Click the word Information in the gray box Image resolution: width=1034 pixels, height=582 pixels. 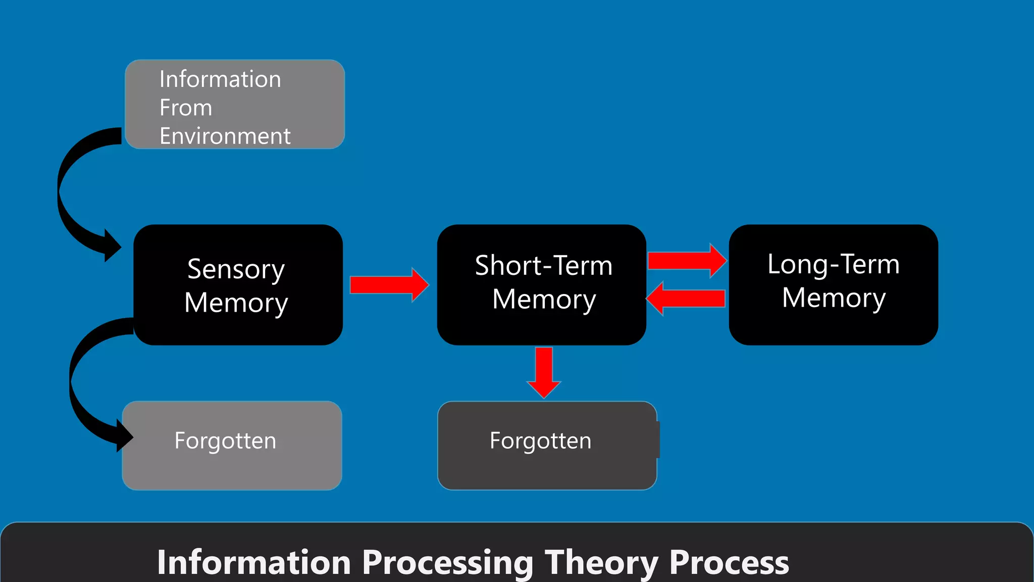click(220, 79)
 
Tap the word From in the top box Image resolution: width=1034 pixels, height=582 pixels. click(186, 108)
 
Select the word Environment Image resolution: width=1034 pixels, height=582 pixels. click(225, 136)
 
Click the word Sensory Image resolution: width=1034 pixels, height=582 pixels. click(236, 269)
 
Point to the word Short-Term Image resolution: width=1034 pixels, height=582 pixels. click(543, 265)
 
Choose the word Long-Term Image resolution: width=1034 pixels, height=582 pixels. click(833, 264)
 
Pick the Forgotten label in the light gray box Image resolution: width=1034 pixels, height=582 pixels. click(225, 441)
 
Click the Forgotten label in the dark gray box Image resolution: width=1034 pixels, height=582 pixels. click(540, 441)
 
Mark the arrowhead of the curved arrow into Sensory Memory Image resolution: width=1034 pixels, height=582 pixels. click(112, 246)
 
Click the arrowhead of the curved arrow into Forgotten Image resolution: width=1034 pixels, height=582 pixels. click(124, 436)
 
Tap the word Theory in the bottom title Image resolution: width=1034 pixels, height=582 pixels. click(601, 562)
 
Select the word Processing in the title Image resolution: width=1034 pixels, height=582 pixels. click(447, 562)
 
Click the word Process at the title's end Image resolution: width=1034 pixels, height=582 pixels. click(729, 562)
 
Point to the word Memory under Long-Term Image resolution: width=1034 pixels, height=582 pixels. click(834, 298)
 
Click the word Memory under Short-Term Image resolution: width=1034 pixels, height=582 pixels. click(544, 299)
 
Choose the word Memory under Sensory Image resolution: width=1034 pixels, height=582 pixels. click(236, 303)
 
